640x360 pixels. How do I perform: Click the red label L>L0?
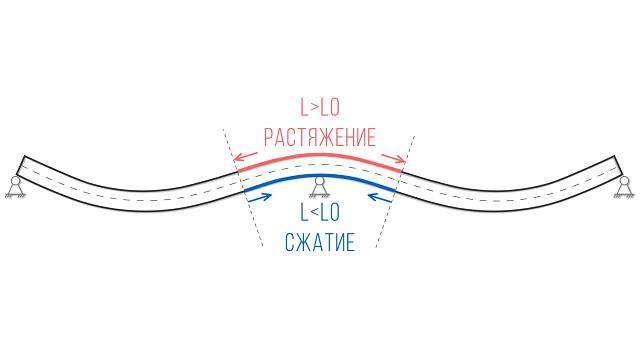pos(319,106)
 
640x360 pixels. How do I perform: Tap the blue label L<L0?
pos(319,213)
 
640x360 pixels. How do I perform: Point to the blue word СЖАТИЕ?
pos(319,243)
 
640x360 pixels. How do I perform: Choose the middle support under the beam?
pos(319,188)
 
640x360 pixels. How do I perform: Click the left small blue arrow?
pos(258,195)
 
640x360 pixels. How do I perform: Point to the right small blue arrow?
pos(380,195)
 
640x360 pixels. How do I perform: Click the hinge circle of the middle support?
pos(319,183)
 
